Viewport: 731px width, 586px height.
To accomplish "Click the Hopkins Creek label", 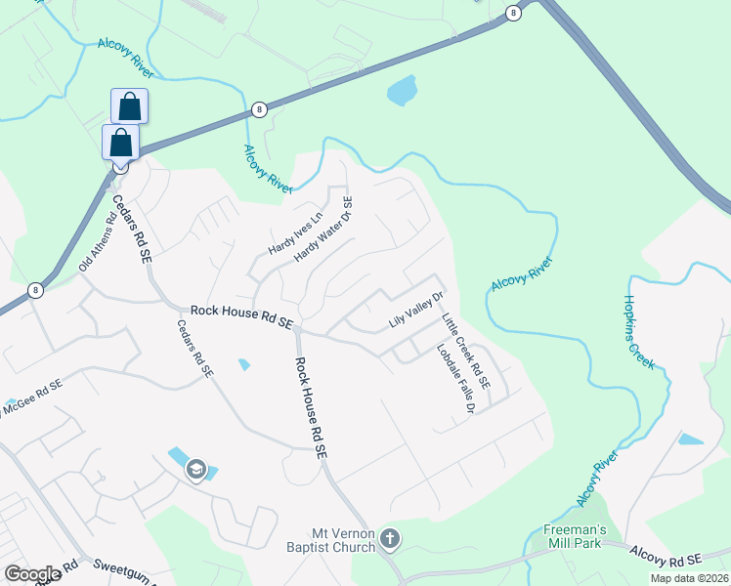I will click(x=641, y=333).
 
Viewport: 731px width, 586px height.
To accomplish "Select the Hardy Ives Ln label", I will click(x=294, y=235).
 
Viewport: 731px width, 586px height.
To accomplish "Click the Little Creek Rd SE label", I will click(x=464, y=347).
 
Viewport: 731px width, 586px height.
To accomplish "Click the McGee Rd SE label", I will click(x=33, y=398).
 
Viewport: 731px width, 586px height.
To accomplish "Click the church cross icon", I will click(x=389, y=538).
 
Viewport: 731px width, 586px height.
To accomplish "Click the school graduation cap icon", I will click(x=195, y=470).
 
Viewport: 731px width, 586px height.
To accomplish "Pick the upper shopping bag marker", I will click(x=129, y=105).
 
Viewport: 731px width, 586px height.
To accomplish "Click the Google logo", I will click(x=33, y=574).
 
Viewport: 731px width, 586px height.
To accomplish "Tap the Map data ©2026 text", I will click(x=688, y=578).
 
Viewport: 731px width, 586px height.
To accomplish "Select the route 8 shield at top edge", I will click(x=512, y=13).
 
